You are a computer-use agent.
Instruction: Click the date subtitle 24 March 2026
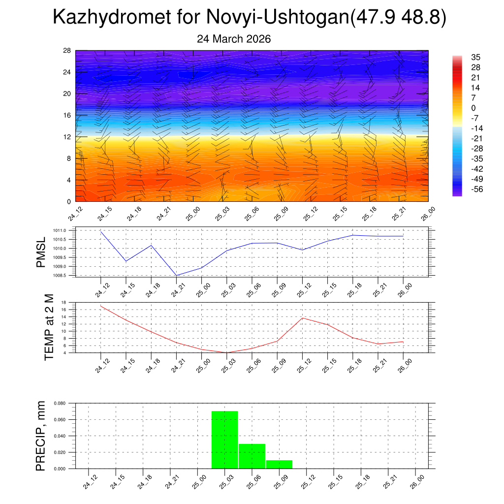coord(234,39)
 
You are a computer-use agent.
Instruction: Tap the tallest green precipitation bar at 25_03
coord(225,440)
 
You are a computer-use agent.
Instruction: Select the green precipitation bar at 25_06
coord(252,456)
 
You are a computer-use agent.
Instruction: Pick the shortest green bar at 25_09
coord(279,464)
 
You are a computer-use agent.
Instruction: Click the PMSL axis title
coord(41,252)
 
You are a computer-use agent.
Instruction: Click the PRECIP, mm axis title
coord(41,436)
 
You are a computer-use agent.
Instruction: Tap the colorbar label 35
coord(475,57)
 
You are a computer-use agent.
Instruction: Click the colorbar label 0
coord(473,108)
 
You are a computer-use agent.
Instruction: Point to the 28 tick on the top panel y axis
coord(67,51)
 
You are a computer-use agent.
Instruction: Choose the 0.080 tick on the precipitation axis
coord(60,403)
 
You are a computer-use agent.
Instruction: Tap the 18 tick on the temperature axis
coord(64,302)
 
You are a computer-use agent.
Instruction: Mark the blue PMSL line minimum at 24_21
coord(176,275)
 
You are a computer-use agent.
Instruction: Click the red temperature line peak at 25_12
coord(302,317)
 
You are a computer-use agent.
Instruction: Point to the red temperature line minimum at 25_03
coord(227,352)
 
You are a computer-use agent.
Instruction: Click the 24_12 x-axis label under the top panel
coord(76,215)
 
